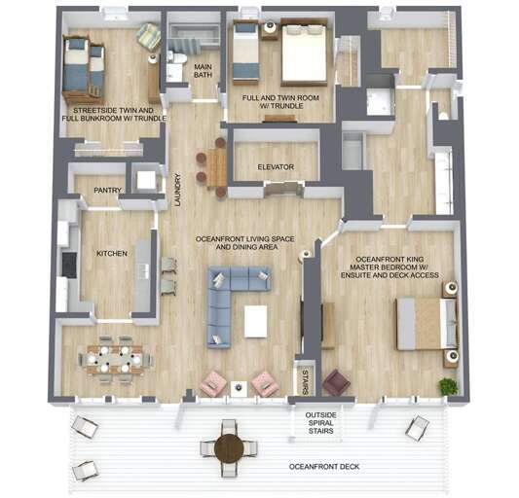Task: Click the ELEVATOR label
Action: [x=276, y=167]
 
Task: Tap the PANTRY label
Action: [x=100, y=191]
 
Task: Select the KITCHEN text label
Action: [x=111, y=254]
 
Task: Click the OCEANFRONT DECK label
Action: [x=324, y=467]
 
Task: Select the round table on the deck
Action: [x=229, y=447]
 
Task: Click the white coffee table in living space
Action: [x=256, y=321]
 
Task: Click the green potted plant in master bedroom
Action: [x=448, y=387]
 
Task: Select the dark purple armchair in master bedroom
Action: [x=336, y=382]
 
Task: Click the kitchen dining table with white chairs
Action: [x=115, y=359]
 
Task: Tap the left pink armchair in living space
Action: [x=213, y=384]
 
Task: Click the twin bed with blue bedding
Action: [x=246, y=52]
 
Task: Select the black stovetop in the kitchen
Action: [x=69, y=264]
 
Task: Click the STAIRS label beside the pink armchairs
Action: [x=304, y=379]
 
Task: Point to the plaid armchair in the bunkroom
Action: [x=148, y=37]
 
